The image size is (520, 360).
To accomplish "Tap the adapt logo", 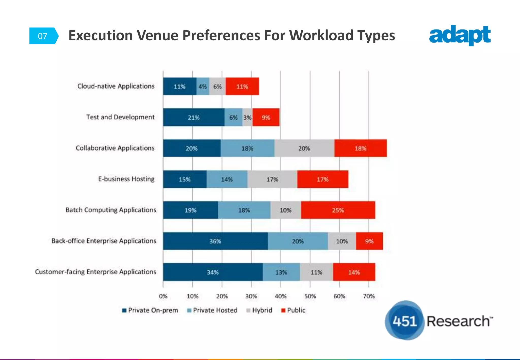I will coord(460,35).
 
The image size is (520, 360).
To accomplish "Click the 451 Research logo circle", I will coord(404,321).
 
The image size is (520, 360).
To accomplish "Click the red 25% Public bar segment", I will coord(338,210).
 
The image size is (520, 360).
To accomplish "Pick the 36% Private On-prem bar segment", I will coord(215,241).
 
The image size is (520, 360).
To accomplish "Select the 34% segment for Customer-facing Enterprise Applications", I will coord(213,272).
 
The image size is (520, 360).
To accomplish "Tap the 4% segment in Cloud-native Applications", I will coord(203,86).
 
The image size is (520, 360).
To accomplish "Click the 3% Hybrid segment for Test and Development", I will coord(247,117).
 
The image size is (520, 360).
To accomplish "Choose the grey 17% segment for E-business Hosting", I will coord(272,179).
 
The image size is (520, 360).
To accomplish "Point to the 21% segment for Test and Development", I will coord(193,117).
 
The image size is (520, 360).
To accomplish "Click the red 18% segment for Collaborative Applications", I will coord(360,148).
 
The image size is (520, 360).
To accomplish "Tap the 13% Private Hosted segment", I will coord(281,272).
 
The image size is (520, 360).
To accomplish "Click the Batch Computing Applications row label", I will coord(111,210).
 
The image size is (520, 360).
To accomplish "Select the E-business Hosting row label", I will coord(126,179).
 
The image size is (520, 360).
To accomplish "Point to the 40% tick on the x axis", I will coord(281,296).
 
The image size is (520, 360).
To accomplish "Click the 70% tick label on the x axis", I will coord(369,296).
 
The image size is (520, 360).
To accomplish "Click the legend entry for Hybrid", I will coord(259,310).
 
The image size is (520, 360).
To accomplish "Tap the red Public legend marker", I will coord(283,310).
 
